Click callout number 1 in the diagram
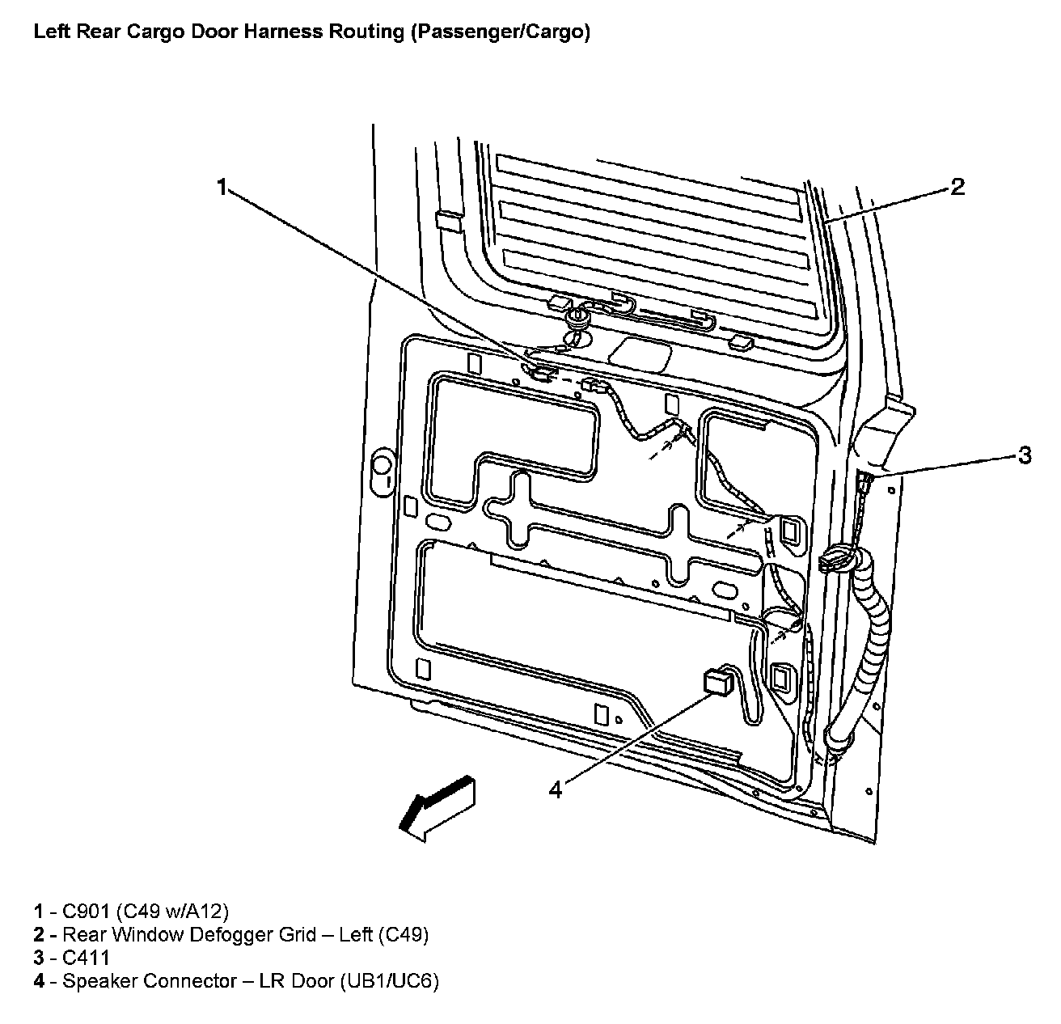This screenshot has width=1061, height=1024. (220, 188)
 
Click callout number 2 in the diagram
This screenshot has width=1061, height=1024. (957, 188)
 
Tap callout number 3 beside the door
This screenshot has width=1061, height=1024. (1025, 455)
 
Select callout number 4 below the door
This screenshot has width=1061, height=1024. (555, 789)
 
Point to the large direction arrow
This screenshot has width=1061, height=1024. (437, 806)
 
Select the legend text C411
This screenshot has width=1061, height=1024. (86, 958)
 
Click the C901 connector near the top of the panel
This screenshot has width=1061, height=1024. (539, 373)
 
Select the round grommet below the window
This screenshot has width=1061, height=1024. (578, 315)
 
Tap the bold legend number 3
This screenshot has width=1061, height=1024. (39, 958)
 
